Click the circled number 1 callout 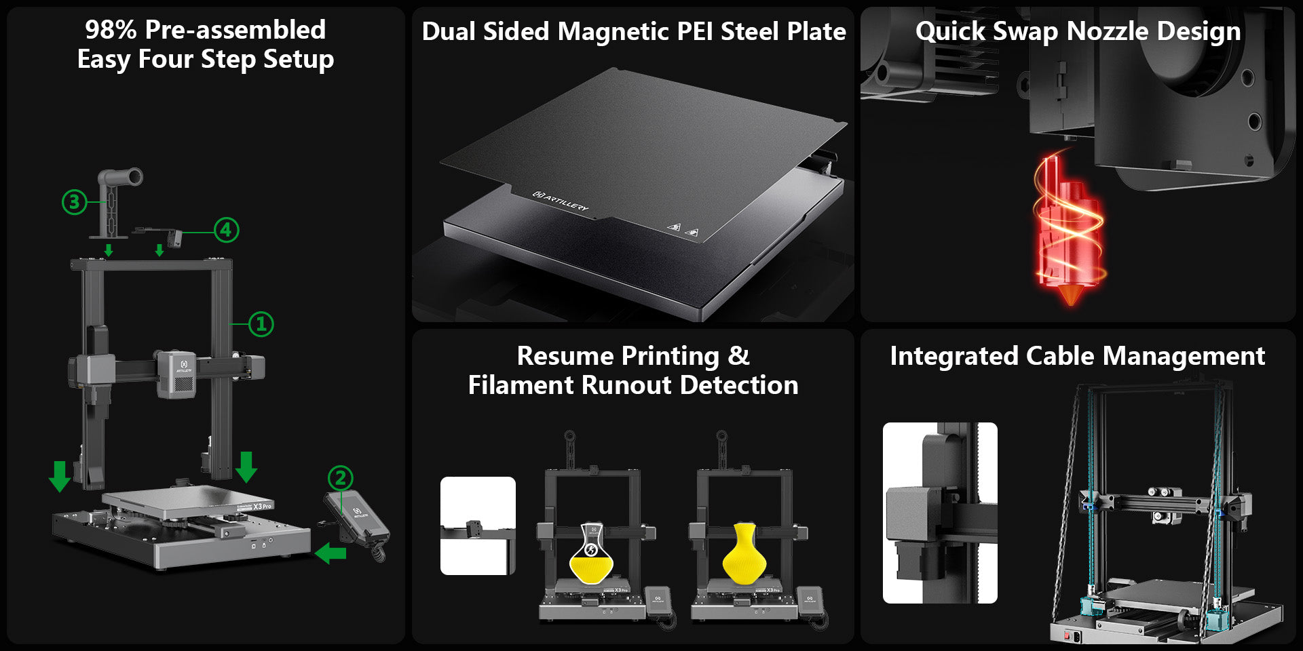[261, 324]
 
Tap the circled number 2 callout [341, 478]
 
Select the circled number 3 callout [74, 201]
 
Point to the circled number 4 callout [226, 230]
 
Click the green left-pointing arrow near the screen [331, 553]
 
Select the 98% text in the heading [111, 30]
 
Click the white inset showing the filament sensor [478, 526]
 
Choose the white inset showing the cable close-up [940, 513]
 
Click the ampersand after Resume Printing [739, 356]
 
